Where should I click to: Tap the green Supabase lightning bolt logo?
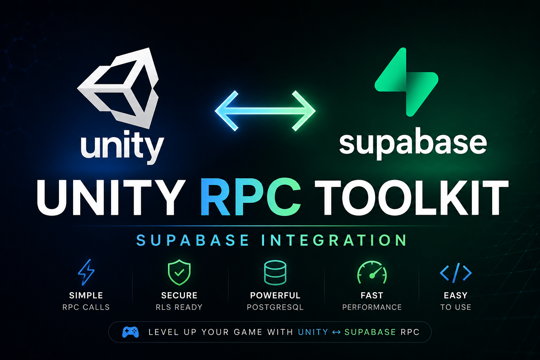(406, 82)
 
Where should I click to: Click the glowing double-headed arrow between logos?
(265, 111)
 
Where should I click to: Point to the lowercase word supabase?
(413, 143)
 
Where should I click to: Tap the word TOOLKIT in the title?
(412, 198)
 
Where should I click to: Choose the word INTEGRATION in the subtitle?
(334, 240)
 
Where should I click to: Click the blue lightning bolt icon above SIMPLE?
(86, 272)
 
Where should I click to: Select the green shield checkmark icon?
(179, 272)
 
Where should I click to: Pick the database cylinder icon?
(275, 273)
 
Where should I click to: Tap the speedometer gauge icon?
(372, 272)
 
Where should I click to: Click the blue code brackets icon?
(456, 273)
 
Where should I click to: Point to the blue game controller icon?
(130, 332)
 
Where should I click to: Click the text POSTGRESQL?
(275, 307)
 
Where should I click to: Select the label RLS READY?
(179, 307)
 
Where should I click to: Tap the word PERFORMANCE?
(372, 307)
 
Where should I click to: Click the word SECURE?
(179, 295)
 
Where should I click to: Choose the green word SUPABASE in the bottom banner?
(370, 332)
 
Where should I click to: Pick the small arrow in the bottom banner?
(336, 333)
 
